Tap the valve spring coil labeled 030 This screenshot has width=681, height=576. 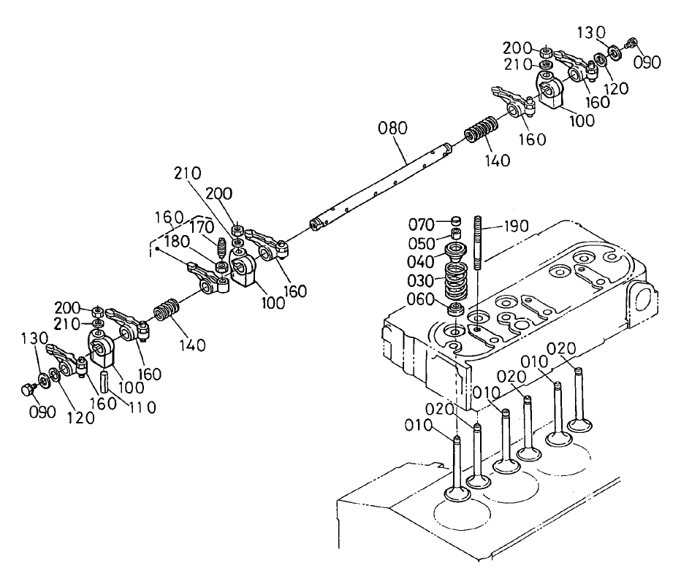[x=456, y=281]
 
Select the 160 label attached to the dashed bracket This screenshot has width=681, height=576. [x=167, y=218]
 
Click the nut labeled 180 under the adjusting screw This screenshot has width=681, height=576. [x=220, y=264]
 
